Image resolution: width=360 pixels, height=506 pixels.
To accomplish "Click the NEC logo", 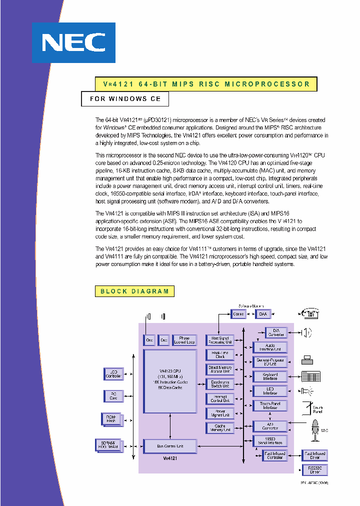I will (73, 43).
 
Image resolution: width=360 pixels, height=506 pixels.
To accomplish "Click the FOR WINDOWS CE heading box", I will (125, 99).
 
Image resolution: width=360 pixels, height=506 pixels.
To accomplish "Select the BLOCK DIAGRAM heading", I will (134, 291).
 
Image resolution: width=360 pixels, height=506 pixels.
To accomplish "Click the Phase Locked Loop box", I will (184, 340).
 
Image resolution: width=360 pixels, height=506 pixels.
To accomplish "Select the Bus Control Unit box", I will (170, 446).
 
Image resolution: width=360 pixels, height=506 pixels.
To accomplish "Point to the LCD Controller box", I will (113, 373).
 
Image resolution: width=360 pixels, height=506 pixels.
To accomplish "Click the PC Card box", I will (113, 396).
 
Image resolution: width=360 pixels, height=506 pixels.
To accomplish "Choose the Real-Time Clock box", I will (220, 354).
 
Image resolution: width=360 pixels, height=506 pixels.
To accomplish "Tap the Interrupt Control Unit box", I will (220, 398).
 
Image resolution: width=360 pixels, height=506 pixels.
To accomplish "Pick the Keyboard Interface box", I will (270, 376).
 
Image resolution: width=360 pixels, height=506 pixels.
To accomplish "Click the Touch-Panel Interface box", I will (270, 405).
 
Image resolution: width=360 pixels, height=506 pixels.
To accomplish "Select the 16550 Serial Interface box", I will (270, 440).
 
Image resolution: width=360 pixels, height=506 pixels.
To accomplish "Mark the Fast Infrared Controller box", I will (274, 455).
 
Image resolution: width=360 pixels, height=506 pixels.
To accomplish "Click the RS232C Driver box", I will (315, 469).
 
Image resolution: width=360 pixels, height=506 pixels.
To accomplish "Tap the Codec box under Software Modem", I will (238, 314).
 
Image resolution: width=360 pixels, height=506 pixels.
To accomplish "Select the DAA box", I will (263, 314).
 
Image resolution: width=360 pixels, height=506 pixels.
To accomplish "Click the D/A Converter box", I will (275, 332).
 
